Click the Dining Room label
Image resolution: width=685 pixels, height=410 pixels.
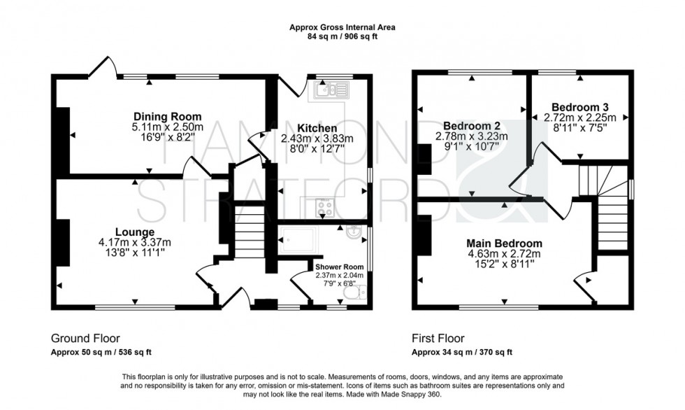pyautogui.click(x=167, y=116)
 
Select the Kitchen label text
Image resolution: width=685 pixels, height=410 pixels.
pyautogui.click(x=317, y=128)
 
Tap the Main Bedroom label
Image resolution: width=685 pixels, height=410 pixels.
pyautogui.click(x=504, y=243)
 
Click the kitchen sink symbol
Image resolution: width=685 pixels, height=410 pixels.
pyautogui.click(x=331, y=90)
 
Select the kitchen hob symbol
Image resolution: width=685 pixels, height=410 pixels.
pyautogui.click(x=325, y=206)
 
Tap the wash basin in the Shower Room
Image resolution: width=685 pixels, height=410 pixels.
pyautogui.click(x=356, y=234)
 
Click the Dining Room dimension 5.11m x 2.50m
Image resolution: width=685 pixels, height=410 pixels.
pyautogui.click(x=167, y=127)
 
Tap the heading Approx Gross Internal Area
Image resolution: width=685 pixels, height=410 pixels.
pyautogui.click(x=342, y=27)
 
